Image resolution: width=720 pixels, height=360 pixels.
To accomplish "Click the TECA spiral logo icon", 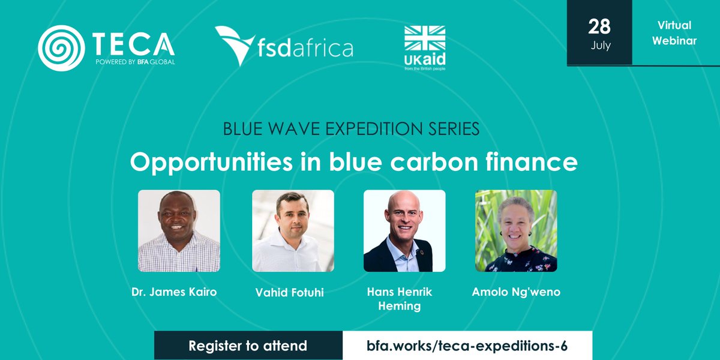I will coord(61,47).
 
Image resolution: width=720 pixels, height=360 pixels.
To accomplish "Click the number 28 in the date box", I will coord(599,26).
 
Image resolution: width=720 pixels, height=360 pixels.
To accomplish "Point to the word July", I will coord(600,46).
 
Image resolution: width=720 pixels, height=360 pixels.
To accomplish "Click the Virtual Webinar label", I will coord(676,32).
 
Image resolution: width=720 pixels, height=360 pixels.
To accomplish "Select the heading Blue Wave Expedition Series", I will coord(351,129).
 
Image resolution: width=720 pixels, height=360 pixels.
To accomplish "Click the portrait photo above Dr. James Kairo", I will coord(179,231).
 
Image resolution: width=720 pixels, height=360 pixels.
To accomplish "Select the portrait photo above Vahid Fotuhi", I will coord(293,231).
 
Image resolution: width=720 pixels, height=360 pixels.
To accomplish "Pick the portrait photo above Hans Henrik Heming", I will coord(404,231).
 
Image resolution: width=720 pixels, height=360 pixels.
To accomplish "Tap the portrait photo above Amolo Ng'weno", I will coord(516,231).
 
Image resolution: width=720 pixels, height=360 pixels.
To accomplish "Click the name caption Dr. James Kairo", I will coord(174,292).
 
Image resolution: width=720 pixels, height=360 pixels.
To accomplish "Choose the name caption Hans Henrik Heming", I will coord(400,299).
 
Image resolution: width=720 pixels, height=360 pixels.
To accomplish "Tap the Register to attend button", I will coord(248,346).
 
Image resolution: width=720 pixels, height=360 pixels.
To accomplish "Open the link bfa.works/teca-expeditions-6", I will coord(467,346).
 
